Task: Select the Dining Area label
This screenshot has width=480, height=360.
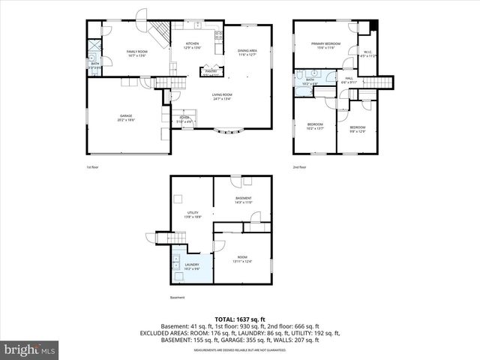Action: (247, 52)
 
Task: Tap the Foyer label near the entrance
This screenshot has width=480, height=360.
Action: (185, 119)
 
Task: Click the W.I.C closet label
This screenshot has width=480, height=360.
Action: (368, 54)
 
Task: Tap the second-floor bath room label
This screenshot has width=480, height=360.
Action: (310, 82)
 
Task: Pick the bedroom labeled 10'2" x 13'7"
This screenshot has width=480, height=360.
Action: (315, 127)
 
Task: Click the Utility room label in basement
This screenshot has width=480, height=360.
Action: (193, 215)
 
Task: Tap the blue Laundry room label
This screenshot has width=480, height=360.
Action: (192, 267)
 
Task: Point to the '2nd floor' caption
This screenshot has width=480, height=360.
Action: (299, 166)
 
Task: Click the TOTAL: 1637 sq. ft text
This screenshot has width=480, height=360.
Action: (239, 318)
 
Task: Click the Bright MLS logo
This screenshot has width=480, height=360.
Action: (30, 349)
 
